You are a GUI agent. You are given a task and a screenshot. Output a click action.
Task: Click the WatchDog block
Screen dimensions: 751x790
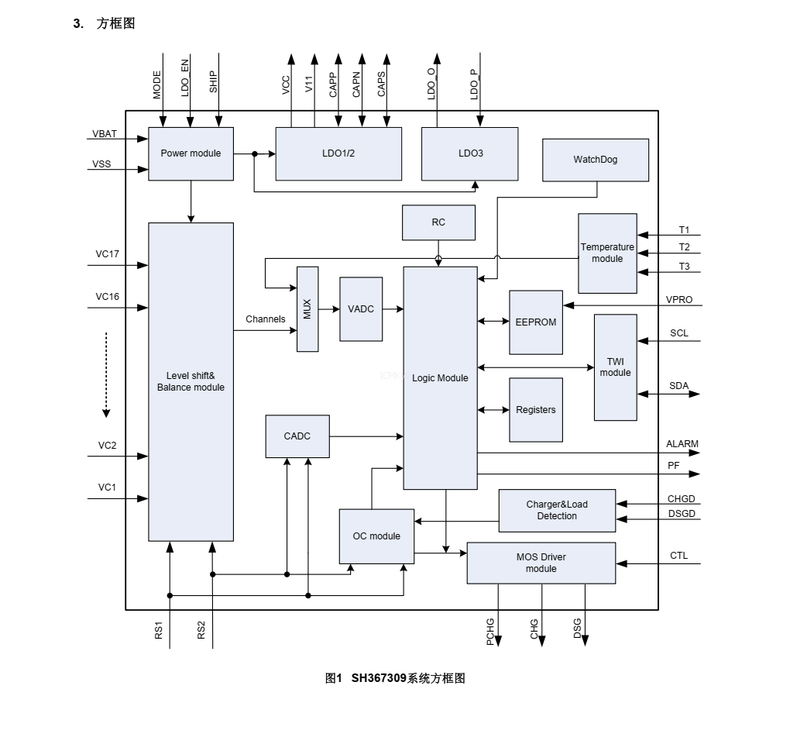596,160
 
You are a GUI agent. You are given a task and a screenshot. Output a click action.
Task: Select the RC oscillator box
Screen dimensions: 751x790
438,222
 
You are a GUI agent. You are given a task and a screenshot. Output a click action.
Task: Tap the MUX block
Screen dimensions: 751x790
307,308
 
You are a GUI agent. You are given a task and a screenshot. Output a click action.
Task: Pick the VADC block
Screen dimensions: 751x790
361,308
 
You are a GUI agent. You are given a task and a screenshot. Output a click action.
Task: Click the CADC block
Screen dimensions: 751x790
297,436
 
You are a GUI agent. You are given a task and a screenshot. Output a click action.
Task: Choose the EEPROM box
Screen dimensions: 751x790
536,322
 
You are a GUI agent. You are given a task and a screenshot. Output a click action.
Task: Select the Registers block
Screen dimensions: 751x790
536,409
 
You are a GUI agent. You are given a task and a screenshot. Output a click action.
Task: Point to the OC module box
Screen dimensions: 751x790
376,536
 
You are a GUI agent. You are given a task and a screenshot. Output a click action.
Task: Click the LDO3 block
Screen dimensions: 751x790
470,153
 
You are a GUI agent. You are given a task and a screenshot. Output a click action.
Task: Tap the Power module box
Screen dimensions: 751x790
191,153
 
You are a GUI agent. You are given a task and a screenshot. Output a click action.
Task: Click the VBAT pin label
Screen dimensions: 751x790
105,134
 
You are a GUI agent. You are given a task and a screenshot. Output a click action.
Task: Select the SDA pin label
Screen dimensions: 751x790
678,386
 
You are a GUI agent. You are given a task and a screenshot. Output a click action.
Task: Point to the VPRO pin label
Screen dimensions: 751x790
679,299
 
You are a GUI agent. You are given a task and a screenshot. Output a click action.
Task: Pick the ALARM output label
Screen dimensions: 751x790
682,444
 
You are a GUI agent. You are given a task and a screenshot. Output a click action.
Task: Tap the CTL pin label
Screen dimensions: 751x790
678,556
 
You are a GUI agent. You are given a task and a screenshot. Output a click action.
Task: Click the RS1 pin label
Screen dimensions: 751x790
158,630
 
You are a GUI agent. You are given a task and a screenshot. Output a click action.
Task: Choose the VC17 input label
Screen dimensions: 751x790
107,253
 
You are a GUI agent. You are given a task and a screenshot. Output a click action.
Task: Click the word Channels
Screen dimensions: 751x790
266,319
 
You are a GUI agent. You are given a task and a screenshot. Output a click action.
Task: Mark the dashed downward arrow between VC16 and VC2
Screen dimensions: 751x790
107,374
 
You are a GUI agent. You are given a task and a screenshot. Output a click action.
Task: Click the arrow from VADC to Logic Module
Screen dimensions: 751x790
393,309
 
